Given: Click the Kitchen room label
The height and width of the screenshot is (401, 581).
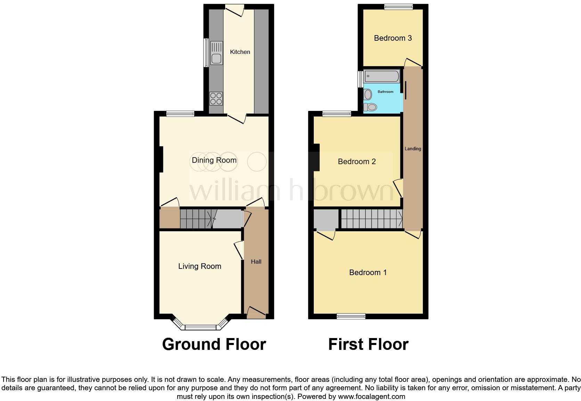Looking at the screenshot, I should (x=240, y=52).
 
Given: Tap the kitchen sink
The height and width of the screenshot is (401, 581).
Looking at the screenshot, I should (x=216, y=53).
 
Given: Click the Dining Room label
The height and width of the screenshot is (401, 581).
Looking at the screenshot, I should (x=214, y=160).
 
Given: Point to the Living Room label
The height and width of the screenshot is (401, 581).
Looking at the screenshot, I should (x=199, y=266).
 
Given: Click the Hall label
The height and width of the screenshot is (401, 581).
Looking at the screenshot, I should (x=256, y=262).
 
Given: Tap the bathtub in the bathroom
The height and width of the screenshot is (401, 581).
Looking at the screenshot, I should (x=381, y=76).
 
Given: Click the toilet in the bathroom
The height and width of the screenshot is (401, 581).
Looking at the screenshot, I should (x=370, y=107).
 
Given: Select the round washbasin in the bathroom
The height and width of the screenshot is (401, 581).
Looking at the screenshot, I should (x=368, y=94).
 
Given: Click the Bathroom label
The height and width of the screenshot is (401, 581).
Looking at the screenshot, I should (x=385, y=92).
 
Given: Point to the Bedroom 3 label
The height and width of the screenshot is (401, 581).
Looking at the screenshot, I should (x=393, y=38).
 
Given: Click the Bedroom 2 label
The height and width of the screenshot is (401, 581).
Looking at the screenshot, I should (x=357, y=161).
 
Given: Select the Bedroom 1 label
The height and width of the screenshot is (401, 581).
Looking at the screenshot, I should (x=368, y=272).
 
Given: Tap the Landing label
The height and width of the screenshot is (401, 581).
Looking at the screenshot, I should (x=413, y=149).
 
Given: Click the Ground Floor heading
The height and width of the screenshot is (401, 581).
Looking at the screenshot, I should (x=214, y=344).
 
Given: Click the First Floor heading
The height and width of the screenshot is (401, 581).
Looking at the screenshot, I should (x=368, y=344).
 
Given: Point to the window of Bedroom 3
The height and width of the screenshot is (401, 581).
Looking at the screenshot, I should (x=398, y=7).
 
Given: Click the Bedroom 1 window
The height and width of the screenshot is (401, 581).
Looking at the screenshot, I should (x=351, y=316).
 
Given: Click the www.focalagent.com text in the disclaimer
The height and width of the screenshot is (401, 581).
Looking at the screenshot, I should (x=371, y=396).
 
